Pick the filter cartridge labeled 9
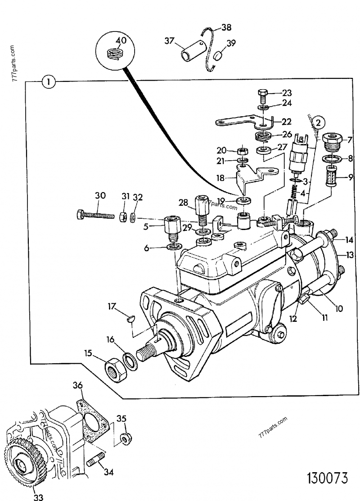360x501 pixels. coord(331,176)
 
